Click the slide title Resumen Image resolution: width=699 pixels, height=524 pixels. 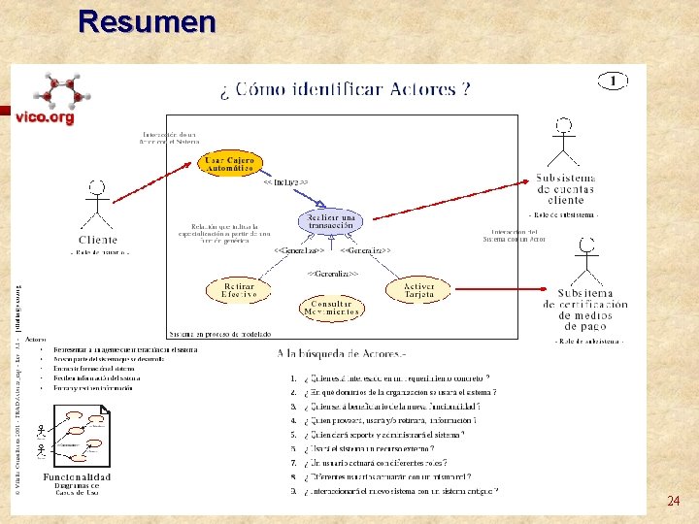(147, 20)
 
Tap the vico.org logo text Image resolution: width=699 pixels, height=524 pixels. (45, 117)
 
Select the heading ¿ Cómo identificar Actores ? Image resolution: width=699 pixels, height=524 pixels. (346, 90)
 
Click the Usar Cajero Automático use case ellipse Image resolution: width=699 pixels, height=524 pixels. (230, 164)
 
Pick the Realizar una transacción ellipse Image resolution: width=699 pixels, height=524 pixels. (330, 220)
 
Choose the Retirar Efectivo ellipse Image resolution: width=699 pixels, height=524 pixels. (240, 290)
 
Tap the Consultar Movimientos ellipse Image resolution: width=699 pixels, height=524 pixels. (331, 308)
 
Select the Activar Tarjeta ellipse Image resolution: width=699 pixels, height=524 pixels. (418, 288)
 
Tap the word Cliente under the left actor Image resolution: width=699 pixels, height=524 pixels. (97, 240)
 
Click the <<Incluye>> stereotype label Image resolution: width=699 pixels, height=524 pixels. (286, 181)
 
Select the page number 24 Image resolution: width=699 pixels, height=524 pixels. (673, 502)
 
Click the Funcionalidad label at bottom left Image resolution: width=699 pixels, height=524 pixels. (77, 476)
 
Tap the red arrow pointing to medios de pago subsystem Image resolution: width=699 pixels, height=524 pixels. (504, 288)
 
